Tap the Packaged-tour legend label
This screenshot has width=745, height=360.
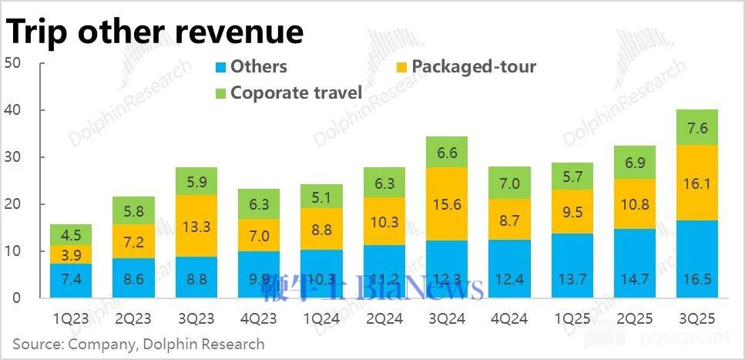coord(473,66)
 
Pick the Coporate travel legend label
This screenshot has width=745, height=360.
coord(296,93)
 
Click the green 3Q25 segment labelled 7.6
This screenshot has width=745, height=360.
coord(696,127)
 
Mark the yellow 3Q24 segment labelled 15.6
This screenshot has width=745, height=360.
coord(446,204)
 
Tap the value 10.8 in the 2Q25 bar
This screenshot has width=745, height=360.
coord(634,204)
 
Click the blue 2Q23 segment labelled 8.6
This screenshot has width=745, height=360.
coord(133,278)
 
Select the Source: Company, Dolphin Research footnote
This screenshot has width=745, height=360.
coord(139,344)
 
